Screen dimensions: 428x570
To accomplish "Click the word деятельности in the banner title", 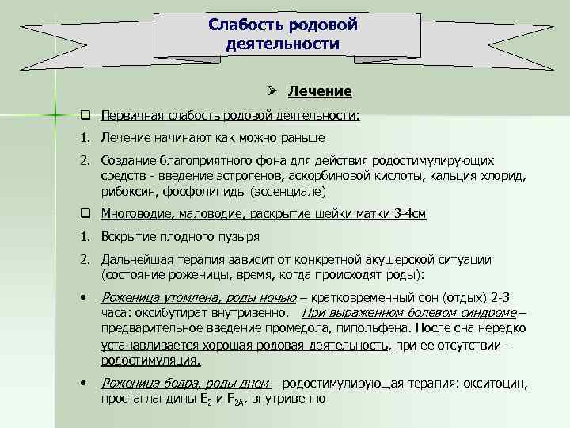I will pyautogui.click(x=283, y=44).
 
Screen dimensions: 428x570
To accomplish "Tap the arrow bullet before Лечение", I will pyautogui.click(x=271, y=90).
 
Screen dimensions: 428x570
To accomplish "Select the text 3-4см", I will pyautogui.click(x=410, y=214).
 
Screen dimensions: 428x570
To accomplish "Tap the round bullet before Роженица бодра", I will pyautogui.click(x=82, y=383).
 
